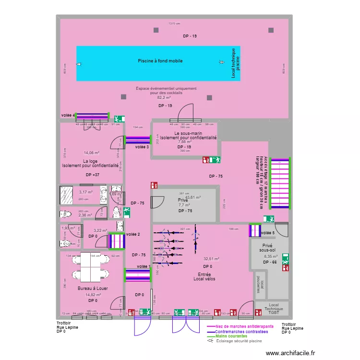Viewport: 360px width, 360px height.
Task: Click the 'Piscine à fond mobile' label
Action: click(160, 61)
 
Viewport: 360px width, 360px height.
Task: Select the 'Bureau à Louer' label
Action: click(93, 288)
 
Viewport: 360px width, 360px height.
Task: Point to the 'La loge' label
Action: click(90, 161)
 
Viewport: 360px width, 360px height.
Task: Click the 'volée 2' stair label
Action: click(133, 234)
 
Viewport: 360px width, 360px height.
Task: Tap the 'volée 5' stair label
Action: click(268, 233)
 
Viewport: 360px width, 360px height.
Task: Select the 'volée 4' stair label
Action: click(68, 115)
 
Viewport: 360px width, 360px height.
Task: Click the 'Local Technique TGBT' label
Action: click(274, 308)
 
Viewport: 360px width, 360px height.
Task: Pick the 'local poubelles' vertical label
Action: click(259, 284)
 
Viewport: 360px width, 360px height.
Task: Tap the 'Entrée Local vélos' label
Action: click(204, 276)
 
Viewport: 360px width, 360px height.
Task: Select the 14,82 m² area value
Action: click(93, 295)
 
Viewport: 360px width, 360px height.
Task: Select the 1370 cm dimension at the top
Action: click(174, 24)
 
